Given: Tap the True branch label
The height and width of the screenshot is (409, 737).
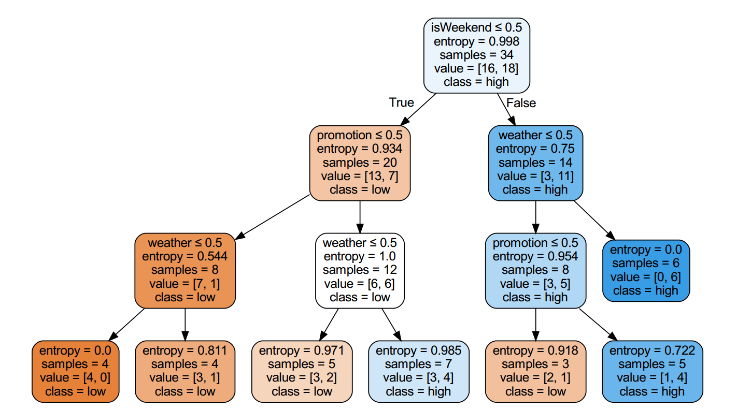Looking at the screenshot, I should [402, 103].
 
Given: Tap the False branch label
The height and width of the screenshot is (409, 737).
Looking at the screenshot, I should [521, 103].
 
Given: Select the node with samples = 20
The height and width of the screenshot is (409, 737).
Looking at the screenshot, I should [360, 163].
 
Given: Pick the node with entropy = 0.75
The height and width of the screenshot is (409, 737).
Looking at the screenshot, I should [535, 163].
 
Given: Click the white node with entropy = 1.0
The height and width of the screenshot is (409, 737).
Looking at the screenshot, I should [360, 270].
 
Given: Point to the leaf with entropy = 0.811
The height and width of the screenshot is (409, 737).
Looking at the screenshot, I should [185, 371].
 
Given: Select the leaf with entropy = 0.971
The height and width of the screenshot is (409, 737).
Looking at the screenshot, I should [302, 371].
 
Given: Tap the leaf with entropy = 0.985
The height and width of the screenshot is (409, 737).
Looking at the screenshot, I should [418, 371].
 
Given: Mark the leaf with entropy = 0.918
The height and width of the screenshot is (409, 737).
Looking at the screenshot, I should [535, 371].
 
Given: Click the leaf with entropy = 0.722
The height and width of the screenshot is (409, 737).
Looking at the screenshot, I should [652, 371].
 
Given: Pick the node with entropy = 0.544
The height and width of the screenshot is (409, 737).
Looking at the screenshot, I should [185, 270].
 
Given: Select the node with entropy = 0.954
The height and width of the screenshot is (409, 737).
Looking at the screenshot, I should [535, 270].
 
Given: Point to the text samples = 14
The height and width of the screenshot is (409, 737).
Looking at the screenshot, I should [535, 163].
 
